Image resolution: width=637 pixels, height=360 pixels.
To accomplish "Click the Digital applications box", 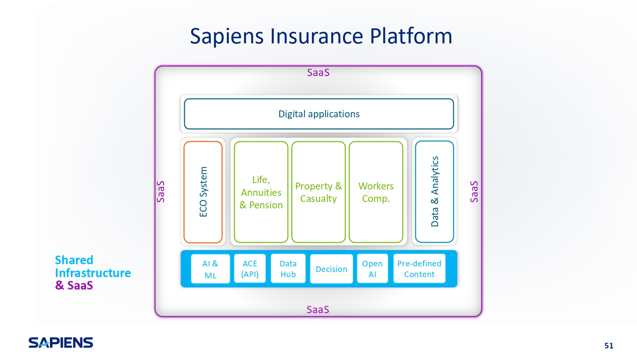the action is tap(319, 114).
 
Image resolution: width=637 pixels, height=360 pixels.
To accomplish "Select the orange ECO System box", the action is tap(203, 192).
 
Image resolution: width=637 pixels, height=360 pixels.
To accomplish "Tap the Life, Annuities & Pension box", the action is tap(261, 192).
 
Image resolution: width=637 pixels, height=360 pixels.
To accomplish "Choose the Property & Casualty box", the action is tap(319, 192).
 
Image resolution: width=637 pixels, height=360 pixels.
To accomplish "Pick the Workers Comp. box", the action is tap(376, 192).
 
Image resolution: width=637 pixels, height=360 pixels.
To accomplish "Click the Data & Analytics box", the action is tap(434, 192).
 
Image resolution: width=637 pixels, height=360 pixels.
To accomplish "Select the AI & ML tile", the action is tap(210, 269).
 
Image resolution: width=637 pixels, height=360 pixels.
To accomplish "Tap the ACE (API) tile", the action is tap(250, 268).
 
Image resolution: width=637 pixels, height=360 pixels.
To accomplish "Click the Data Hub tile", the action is tap(288, 268).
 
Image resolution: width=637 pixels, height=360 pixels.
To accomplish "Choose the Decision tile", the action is tap(332, 269).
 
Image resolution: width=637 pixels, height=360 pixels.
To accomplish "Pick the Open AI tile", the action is tap(372, 268).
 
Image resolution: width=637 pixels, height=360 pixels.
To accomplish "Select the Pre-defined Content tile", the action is tap(419, 268).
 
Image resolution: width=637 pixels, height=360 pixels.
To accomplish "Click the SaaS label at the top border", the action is tap(318, 73).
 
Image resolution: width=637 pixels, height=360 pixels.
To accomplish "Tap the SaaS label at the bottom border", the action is tap(318, 309).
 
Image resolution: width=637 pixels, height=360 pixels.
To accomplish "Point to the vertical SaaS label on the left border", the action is tap(161, 192).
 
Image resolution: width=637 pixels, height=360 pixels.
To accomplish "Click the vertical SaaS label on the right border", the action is tap(474, 192).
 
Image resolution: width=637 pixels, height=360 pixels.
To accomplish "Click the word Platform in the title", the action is tap(411, 36).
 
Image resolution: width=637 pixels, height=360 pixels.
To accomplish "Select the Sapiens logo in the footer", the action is tap(61, 342).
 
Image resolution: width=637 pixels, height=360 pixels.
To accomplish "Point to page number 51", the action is tap(609, 345).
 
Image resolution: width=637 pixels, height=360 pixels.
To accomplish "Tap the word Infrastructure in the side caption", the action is tap(93, 273).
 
